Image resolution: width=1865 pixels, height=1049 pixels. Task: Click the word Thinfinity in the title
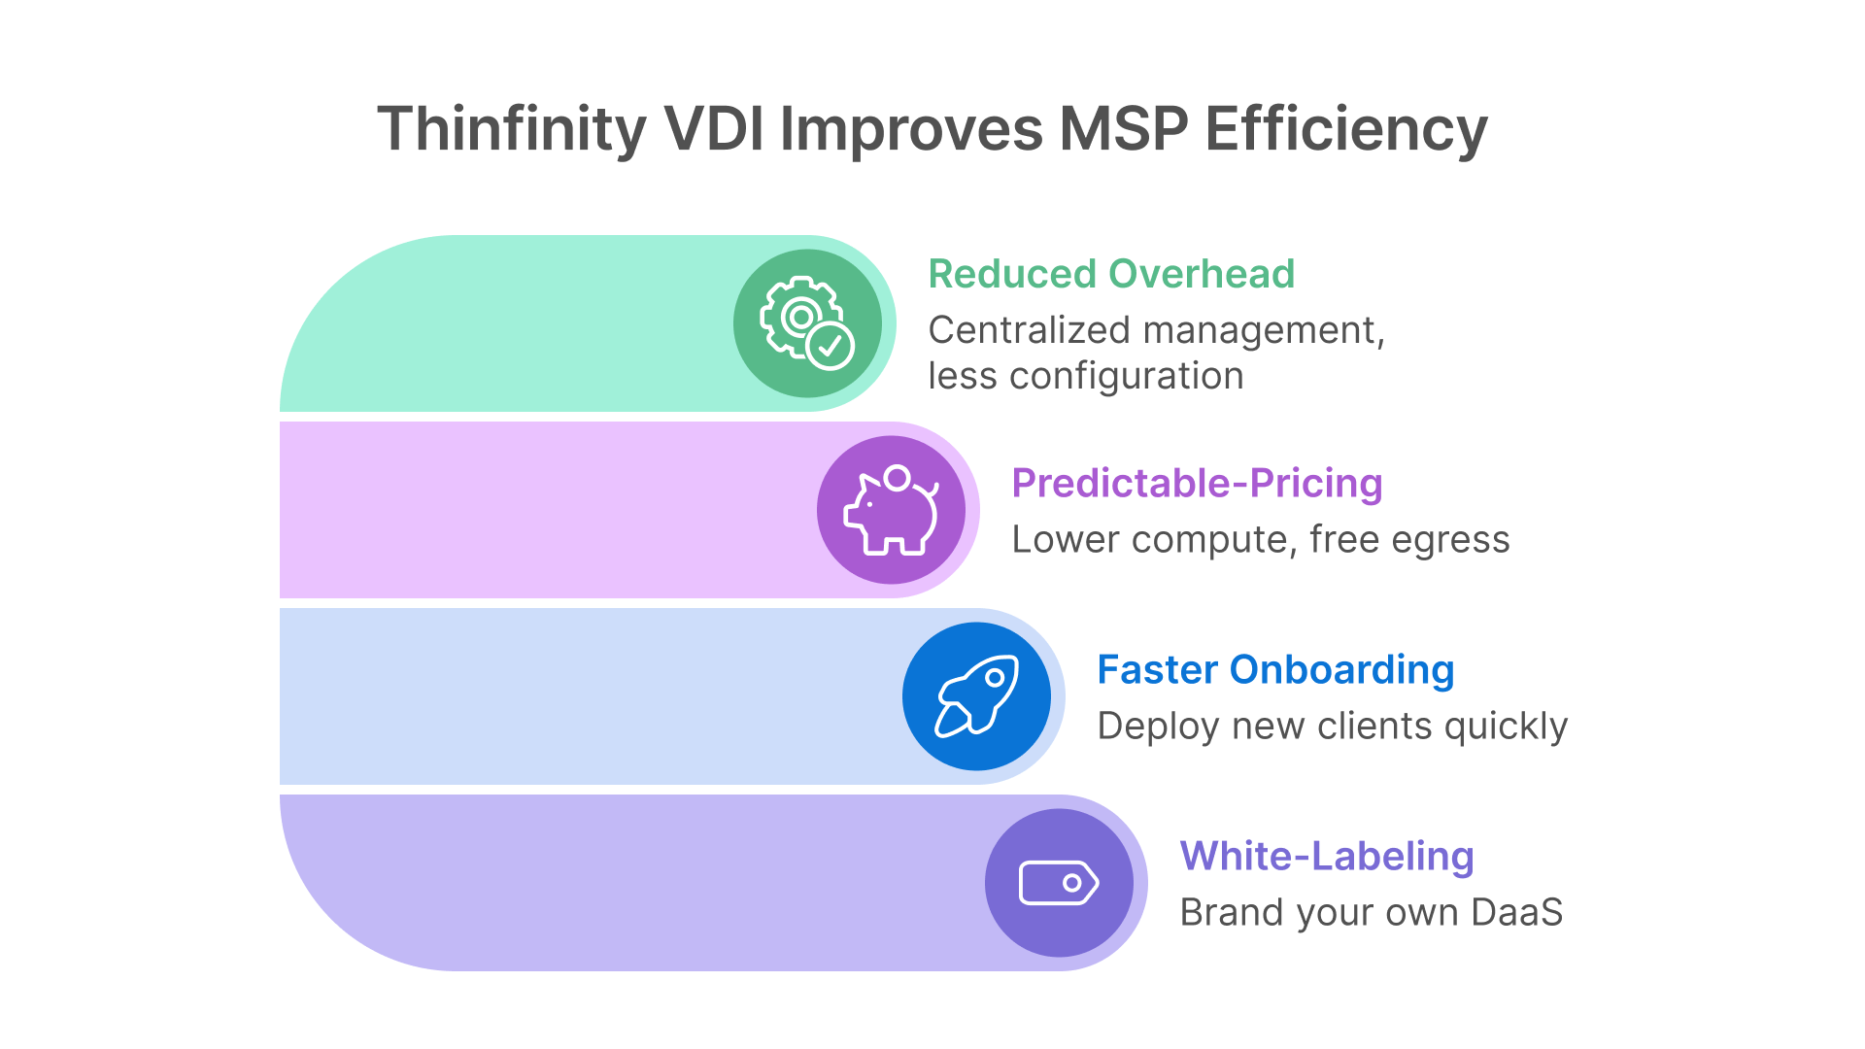point(511,129)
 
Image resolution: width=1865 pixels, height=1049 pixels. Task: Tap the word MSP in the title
point(1123,129)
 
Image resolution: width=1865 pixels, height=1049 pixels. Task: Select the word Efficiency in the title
point(1346,129)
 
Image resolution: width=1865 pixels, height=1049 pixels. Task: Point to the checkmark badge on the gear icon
point(831,345)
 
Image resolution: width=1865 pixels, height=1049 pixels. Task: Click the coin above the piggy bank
point(898,478)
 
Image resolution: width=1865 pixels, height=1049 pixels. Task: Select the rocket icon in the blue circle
point(976,696)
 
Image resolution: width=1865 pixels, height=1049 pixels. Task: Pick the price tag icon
point(1059,883)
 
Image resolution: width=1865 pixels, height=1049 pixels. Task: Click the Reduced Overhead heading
point(1111,274)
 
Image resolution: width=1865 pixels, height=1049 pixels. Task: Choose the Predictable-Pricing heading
point(1197,483)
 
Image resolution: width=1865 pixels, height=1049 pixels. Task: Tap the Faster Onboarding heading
point(1275,669)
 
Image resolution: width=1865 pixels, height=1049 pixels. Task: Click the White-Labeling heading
point(1327,856)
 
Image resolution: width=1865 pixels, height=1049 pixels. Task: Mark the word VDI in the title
point(713,129)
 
